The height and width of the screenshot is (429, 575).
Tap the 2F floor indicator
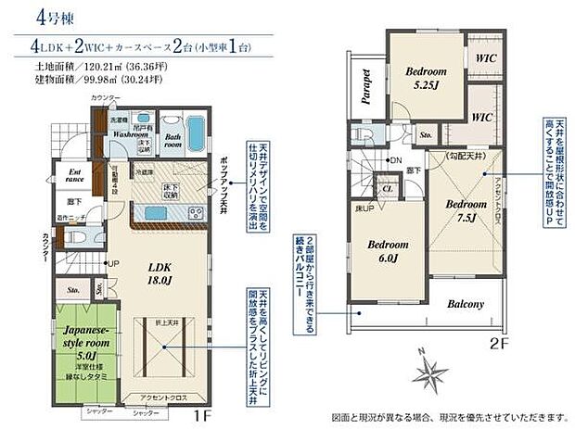pyautogui.click(x=502, y=342)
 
